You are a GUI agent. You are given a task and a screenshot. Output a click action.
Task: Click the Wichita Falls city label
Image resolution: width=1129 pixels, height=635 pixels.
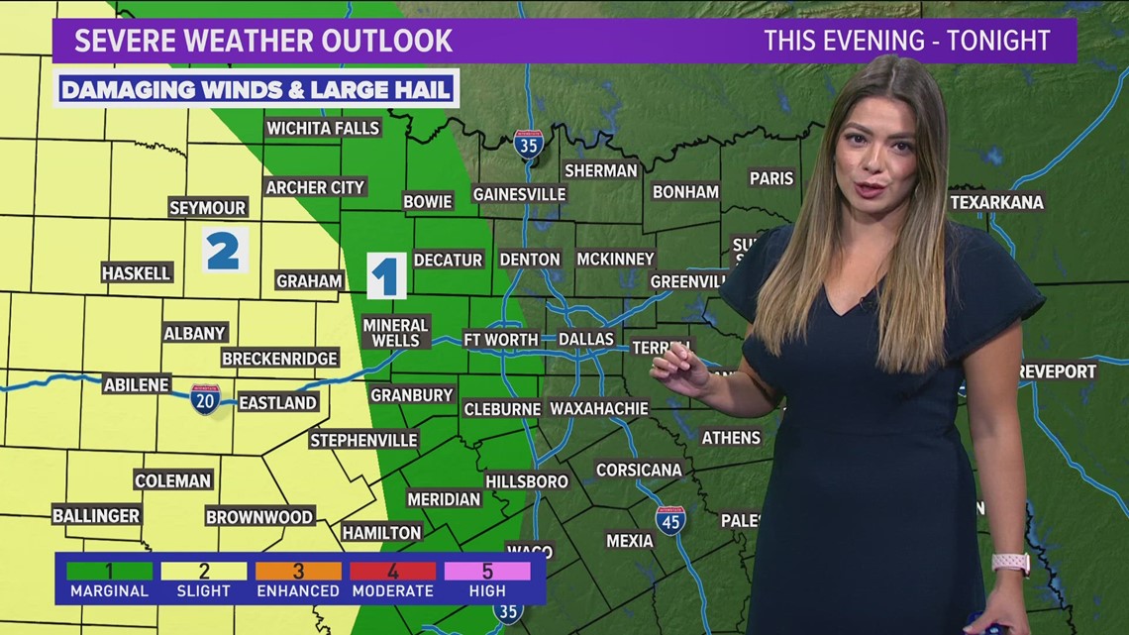(323, 128)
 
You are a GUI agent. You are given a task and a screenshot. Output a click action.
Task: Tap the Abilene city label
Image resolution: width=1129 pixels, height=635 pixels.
(137, 384)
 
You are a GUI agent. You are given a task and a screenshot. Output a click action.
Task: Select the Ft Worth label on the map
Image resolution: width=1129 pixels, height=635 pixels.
(501, 339)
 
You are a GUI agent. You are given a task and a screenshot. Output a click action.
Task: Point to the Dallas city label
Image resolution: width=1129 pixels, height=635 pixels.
(586, 339)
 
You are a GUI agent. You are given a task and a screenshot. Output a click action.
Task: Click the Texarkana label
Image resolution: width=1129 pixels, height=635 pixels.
(996, 202)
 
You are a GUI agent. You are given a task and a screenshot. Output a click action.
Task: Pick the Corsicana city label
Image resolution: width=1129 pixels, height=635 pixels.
(637, 470)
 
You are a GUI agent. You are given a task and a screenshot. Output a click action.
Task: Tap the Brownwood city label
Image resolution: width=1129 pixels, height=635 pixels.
(259, 516)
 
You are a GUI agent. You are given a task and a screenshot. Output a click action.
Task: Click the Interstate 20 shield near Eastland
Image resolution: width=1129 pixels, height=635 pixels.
(205, 399)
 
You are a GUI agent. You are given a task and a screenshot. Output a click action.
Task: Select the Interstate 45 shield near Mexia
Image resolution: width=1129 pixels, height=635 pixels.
(670, 520)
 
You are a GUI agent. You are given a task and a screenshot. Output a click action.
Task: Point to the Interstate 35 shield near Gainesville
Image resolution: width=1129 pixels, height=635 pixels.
(529, 145)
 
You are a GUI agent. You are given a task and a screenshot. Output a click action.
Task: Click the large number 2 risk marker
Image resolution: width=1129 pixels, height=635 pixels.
(224, 251)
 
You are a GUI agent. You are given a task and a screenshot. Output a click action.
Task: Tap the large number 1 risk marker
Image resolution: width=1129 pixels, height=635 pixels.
(386, 275)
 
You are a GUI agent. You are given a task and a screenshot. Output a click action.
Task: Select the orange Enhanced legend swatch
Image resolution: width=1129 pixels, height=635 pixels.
(298, 571)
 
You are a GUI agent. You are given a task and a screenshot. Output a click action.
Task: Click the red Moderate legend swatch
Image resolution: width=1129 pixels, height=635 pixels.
(393, 571)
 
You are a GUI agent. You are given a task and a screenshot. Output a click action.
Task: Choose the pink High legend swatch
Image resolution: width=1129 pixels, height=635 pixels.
(487, 571)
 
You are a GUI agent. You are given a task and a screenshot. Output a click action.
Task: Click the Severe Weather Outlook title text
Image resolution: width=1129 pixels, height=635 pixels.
(263, 41)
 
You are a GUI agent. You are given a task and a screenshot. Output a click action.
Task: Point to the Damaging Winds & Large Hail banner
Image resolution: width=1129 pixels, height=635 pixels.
(257, 89)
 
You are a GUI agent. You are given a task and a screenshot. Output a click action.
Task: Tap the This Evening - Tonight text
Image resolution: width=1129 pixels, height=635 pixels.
(906, 41)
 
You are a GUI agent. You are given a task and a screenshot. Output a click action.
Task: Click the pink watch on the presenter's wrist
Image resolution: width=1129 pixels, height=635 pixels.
(1010, 563)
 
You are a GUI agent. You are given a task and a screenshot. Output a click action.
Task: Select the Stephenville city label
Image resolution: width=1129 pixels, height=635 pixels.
(363, 440)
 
